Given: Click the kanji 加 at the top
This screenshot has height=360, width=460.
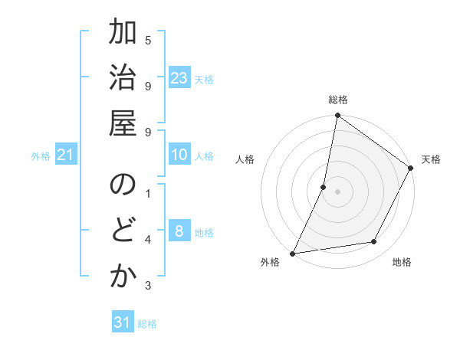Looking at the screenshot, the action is click(x=123, y=35).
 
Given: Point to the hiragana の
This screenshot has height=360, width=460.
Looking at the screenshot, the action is click(x=123, y=185).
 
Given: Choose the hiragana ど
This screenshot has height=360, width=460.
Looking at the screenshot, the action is click(x=123, y=231).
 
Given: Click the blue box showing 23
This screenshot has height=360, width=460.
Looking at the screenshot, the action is click(x=179, y=77).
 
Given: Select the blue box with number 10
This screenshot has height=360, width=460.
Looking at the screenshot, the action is click(x=179, y=155).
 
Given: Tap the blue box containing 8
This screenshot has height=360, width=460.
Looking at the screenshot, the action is click(x=179, y=231).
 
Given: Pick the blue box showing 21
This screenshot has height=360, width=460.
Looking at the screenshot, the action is click(x=66, y=155).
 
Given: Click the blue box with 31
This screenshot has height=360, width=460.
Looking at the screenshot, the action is click(x=123, y=322).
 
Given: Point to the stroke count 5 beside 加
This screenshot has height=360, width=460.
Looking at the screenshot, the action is click(x=148, y=40).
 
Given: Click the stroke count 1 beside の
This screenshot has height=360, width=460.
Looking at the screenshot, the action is click(x=148, y=193).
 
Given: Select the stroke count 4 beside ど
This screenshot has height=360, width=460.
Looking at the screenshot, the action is click(x=148, y=241).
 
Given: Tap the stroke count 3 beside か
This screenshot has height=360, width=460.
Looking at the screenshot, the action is click(x=148, y=286).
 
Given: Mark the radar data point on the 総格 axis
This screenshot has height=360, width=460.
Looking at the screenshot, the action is click(x=337, y=116).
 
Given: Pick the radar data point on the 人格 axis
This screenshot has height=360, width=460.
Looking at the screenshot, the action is click(x=324, y=187).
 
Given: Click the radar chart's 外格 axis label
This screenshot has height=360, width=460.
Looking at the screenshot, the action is click(x=270, y=262).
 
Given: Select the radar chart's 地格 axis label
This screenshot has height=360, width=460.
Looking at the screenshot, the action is click(x=402, y=262).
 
